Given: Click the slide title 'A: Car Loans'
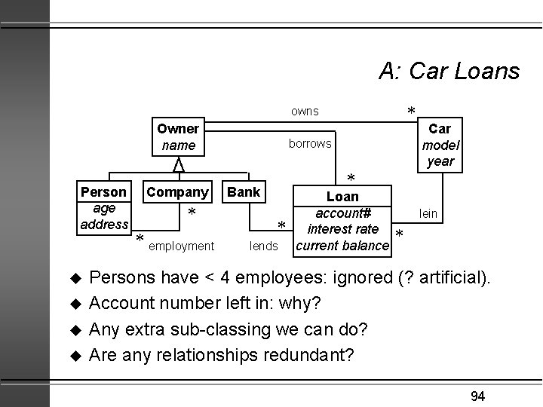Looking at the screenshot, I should [449, 72].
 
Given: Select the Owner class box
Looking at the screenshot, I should [178, 136].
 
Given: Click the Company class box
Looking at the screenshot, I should [177, 192].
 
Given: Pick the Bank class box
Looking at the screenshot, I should [243, 192].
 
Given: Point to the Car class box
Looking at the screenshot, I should [440, 145].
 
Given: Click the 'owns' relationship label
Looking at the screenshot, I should [305, 112].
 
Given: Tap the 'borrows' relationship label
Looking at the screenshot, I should [310, 143].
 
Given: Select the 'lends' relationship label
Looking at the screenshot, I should [264, 246].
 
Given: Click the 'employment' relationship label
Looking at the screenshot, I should [181, 246].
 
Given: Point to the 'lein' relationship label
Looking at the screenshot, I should [428, 214].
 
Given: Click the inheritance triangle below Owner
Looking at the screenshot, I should [178, 164].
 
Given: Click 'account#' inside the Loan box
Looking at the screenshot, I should [343, 213].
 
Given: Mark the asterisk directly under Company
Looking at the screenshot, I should [192, 214].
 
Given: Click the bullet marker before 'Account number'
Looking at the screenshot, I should [75, 304].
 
